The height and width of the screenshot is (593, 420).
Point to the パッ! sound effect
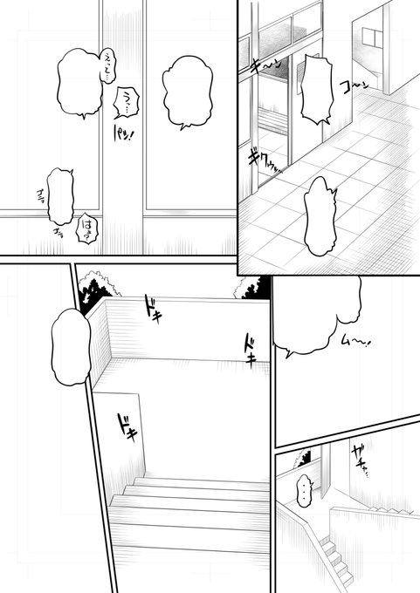click(122, 140)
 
